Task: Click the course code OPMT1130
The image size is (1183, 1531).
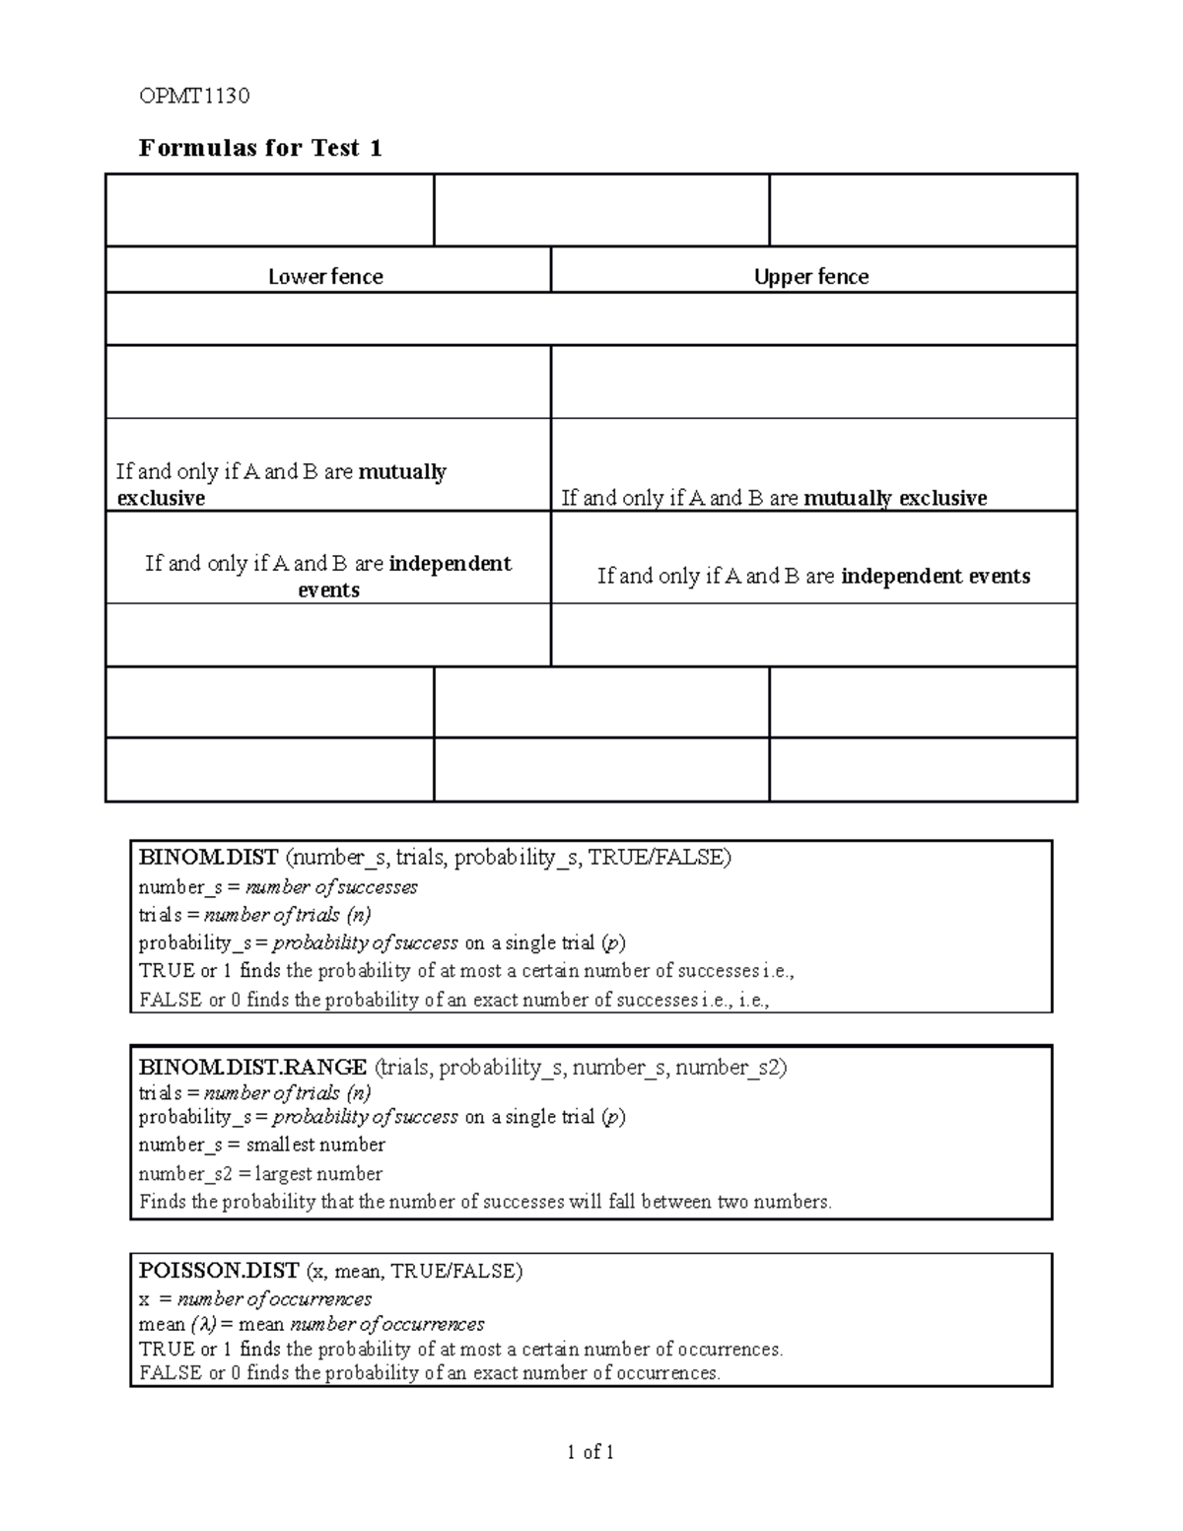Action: (x=194, y=96)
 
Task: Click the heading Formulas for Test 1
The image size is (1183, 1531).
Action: (x=260, y=148)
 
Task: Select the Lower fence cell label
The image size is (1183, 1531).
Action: (x=325, y=277)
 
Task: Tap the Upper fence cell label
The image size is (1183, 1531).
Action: (x=811, y=277)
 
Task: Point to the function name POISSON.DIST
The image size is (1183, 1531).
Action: (x=219, y=1271)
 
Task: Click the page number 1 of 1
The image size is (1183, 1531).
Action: (x=591, y=1451)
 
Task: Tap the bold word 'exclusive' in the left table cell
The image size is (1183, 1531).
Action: (x=161, y=498)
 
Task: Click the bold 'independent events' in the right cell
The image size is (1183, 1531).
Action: (x=935, y=577)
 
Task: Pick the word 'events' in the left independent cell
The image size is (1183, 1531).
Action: (x=328, y=591)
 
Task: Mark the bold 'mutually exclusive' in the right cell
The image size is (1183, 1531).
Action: (x=895, y=498)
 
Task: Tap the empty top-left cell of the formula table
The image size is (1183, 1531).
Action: (x=269, y=210)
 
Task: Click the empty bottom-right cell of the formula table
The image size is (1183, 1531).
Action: (x=922, y=769)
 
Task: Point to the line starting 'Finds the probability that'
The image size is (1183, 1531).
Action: (x=485, y=1202)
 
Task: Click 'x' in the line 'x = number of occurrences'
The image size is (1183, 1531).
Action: (x=145, y=1299)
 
